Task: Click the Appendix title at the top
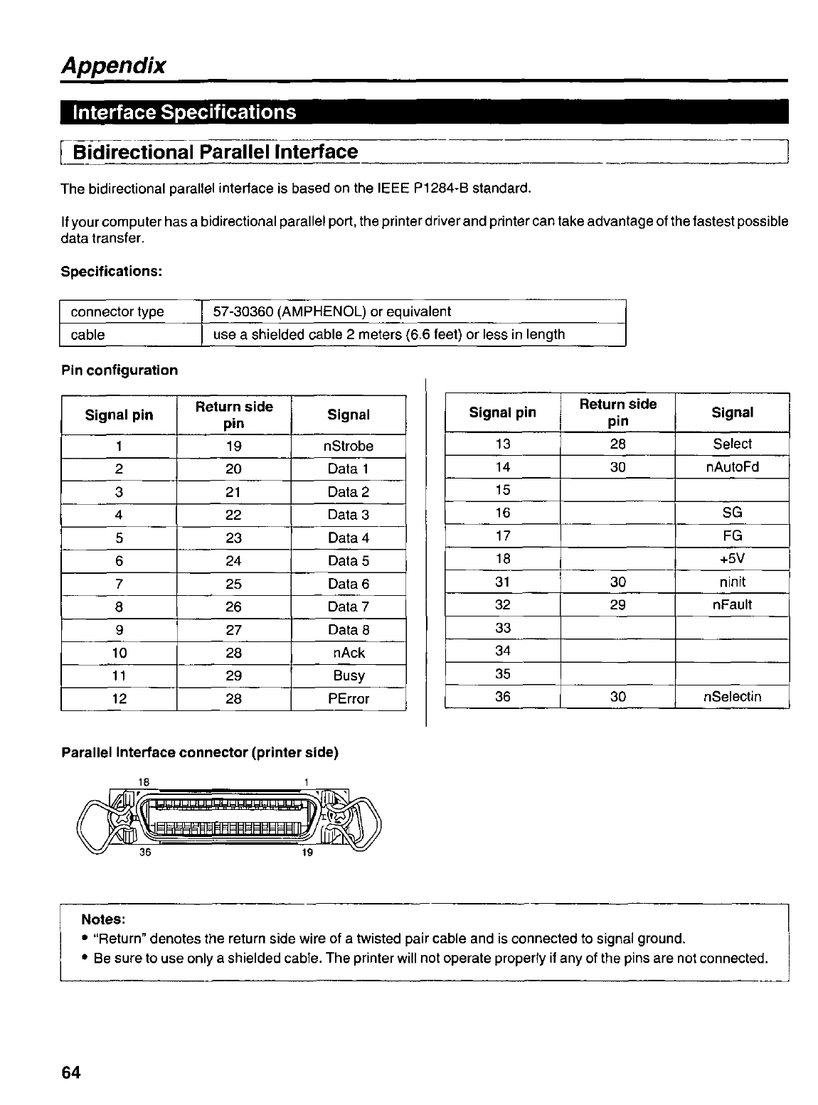point(114,65)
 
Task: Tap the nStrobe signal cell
point(349,446)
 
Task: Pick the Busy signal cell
point(349,676)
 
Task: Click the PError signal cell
point(349,699)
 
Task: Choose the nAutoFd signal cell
point(732,467)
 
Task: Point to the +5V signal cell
point(732,559)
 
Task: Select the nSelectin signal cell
point(732,697)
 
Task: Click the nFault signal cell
point(732,605)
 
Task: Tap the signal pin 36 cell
point(503,697)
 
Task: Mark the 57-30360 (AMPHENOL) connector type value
point(332,311)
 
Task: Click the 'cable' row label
point(87,335)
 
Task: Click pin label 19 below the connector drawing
point(307,853)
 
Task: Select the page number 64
point(72,1072)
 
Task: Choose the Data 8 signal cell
point(349,630)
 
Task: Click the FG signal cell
point(732,536)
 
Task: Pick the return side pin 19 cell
point(233,446)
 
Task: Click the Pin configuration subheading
point(119,370)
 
